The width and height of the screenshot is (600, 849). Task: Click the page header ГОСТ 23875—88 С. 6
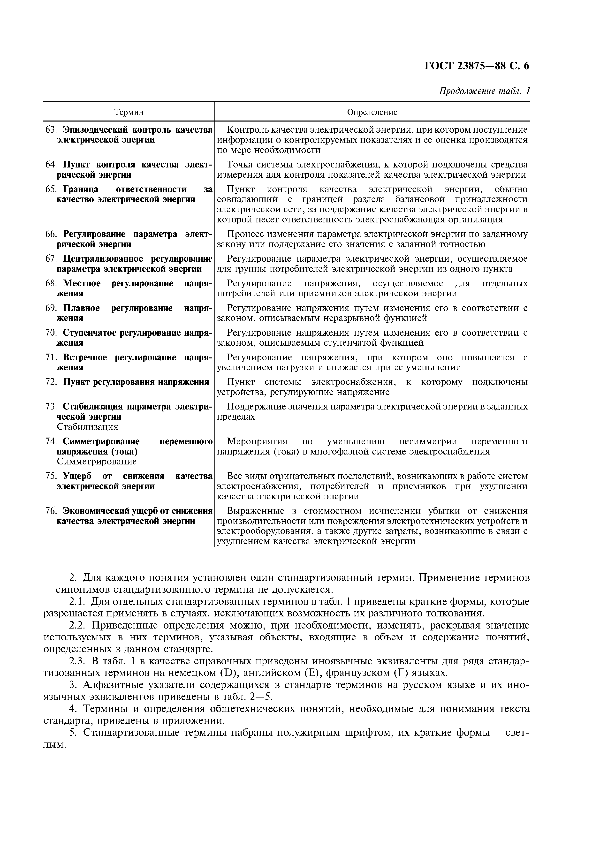pos(477,66)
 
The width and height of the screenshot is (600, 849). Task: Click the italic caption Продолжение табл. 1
pos(484,91)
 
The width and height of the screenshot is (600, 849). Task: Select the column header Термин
pos(129,112)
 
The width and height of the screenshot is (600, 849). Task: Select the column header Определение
pos(372,112)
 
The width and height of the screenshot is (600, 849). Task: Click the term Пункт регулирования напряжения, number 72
pos(136,382)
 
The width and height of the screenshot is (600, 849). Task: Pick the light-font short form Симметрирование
pos(97,462)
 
